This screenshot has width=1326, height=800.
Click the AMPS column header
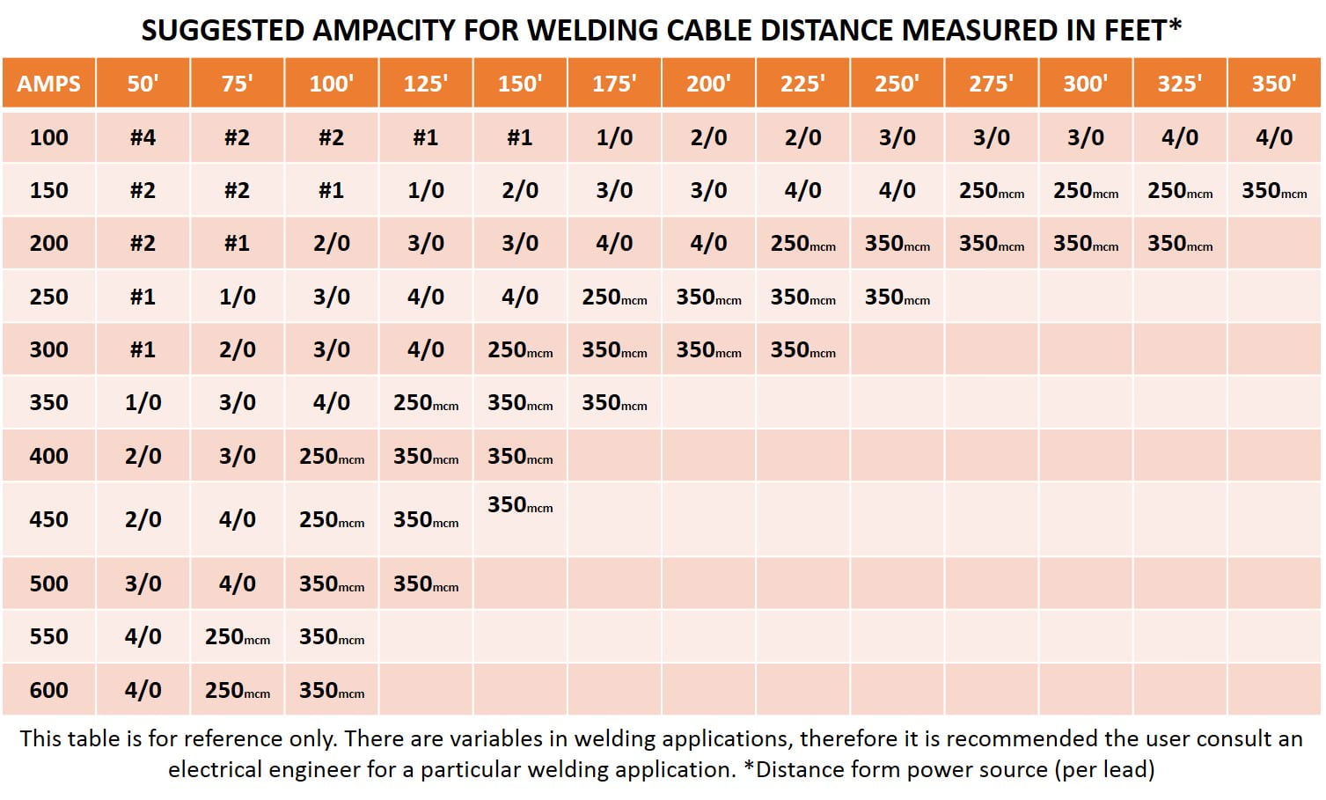48,84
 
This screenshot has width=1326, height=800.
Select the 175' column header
614,84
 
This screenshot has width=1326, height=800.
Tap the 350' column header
1274,84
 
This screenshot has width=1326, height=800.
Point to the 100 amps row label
48,137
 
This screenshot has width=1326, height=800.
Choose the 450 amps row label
48,519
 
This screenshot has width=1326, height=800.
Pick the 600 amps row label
48,690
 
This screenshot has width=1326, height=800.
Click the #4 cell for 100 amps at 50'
143,137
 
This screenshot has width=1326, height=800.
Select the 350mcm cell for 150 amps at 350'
1274,190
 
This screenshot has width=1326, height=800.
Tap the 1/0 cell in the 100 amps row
614,137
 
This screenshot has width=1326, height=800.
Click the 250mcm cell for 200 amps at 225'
802,244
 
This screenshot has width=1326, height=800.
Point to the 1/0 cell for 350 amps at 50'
143,403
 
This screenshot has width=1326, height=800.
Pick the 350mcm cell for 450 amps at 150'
520,505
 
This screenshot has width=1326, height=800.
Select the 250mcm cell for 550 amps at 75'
237,637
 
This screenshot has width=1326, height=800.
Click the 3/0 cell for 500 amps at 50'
143,583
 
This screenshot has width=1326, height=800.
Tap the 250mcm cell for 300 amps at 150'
520,350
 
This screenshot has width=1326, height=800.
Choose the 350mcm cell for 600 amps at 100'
332,691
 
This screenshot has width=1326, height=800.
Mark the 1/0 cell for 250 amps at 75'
237,297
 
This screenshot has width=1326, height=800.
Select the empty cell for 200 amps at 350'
1274,244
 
